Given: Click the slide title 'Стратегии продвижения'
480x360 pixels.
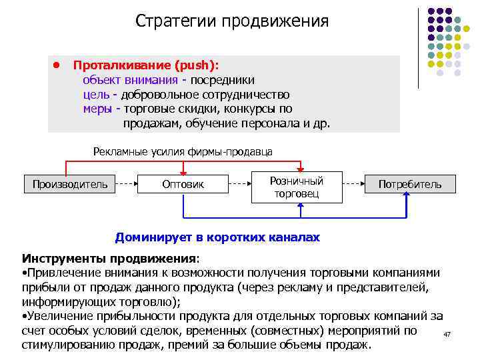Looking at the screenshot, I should coord(232,21).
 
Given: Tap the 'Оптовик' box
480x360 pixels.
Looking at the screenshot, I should coord(183,184).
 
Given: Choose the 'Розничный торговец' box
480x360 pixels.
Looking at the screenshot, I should coord(297,187).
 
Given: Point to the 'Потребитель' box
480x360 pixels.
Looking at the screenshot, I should coord(410,184).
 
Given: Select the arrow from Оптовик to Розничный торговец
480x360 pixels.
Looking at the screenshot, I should coord(239,180).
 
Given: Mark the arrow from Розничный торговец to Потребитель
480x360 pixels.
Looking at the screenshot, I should coord(353,180).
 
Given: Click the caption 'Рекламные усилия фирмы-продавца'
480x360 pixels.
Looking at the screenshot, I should coord(183,151).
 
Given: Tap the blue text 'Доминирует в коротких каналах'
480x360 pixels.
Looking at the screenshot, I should coord(217,237).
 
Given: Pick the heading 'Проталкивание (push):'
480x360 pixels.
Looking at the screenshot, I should coord(145,66).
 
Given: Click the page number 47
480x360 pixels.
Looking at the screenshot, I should coord(447,333).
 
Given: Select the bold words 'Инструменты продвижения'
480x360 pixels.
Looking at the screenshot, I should coord(109,258).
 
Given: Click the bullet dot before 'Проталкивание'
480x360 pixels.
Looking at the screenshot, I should coord(57,66).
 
